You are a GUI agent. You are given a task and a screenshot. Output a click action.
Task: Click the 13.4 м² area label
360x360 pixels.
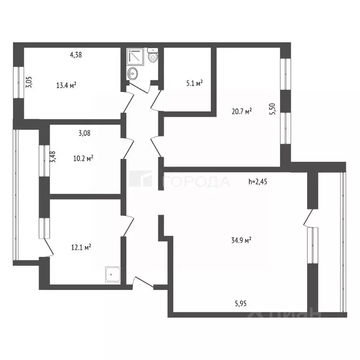pos(66,85)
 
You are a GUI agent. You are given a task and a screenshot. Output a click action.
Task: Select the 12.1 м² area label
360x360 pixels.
pos(81,247)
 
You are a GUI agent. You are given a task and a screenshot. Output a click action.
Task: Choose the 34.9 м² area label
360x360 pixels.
pos(241,240)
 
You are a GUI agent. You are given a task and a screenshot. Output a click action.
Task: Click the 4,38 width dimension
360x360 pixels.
pos(76,55)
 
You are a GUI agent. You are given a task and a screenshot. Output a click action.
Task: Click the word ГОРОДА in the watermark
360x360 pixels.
pos(196,182)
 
